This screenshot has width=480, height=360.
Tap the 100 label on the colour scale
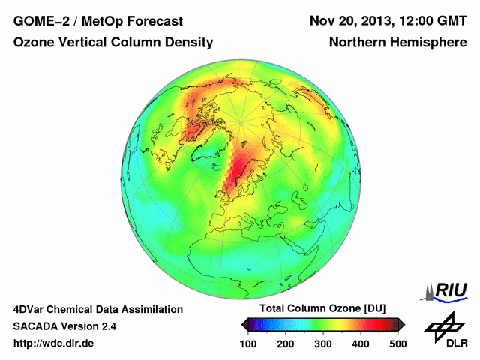tap(248, 343)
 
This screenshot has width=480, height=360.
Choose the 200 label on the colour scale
tap(286, 343)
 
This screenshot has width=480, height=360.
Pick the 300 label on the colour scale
tap(323, 343)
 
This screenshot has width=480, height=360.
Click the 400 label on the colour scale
tap(361, 343)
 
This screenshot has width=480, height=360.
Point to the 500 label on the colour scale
tap(397, 343)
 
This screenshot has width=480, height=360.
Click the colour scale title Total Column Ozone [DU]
tap(322, 309)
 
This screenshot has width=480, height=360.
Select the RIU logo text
tap(451, 289)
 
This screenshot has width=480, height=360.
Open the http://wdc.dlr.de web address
tap(54, 343)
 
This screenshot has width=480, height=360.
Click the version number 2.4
tap(108, 326)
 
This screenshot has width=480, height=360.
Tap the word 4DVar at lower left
tap(31, 309)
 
